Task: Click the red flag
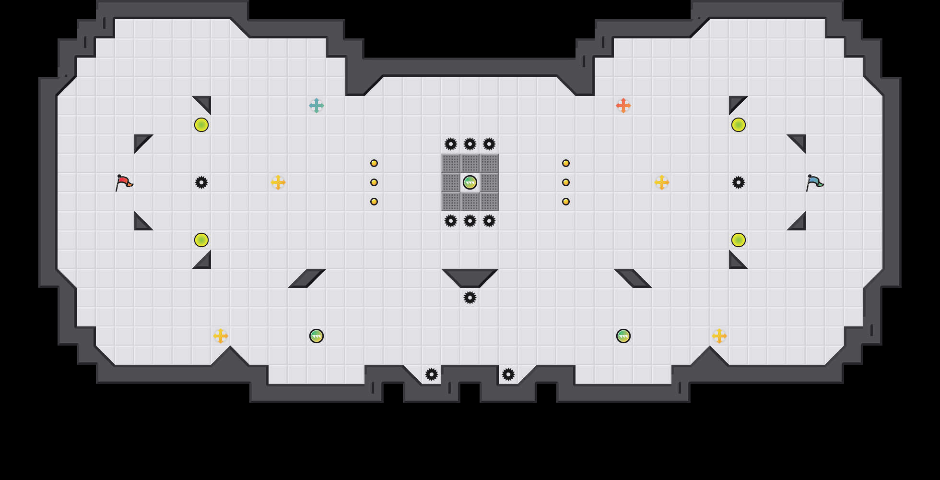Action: point(124,182)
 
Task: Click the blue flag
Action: point(814,182)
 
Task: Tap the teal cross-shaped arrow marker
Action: point(317,106)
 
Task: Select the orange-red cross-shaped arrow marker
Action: point(623,106)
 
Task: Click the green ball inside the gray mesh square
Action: point(470,182)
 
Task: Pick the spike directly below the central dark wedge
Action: point(470,298)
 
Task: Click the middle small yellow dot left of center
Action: point(374,182)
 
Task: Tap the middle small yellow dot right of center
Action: point(566,182)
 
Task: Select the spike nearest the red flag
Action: point(201,182)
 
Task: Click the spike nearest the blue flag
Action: point(739,182)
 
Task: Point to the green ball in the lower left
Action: point(317,336)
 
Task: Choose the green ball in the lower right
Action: point(623,336)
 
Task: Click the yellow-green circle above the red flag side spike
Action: point(201,125)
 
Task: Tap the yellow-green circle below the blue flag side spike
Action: point(739,240)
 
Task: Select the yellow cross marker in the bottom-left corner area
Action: point(221,336)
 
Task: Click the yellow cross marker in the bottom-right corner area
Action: point(719,336)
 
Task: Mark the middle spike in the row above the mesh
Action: point(470,144)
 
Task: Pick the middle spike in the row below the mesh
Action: point(470,221)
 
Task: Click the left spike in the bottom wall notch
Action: point(432,374)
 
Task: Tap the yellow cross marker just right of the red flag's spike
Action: point(278,182)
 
